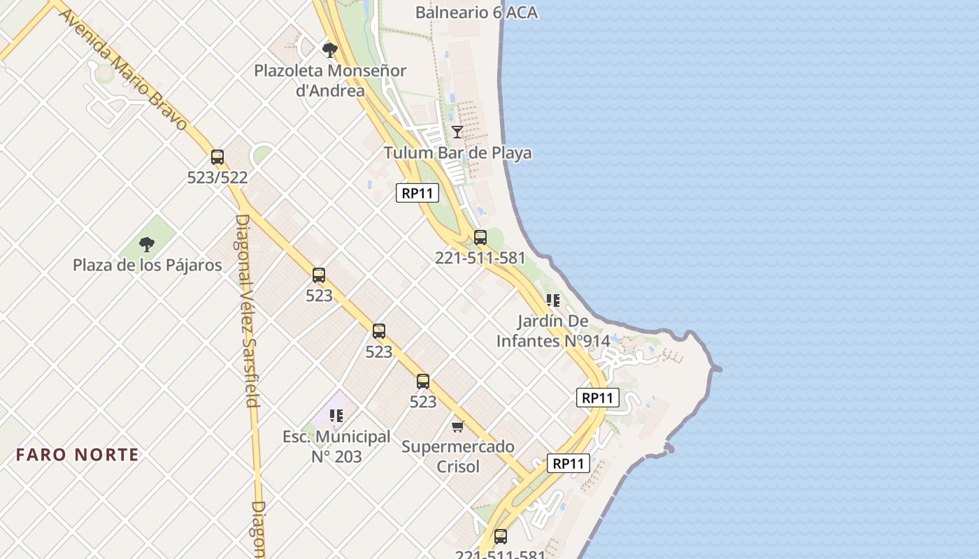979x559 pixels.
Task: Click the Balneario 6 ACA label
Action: pos(476,12)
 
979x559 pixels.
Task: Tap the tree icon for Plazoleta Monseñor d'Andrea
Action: pos(329,50)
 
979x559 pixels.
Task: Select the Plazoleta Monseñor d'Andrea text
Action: pos(330,80)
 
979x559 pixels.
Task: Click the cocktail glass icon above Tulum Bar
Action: pos(457,131)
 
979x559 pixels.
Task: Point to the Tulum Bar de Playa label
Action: pos(457,153)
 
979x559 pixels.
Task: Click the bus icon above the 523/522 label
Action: pos(217,157)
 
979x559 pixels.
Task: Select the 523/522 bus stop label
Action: pos(217,177)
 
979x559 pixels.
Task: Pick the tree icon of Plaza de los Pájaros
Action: pos(147,244)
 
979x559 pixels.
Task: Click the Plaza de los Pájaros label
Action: pos(148,266)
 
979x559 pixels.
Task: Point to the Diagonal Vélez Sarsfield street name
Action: pos(247,310)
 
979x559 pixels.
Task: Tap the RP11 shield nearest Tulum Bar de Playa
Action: pos(417,194)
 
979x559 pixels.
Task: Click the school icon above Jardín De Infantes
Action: pos(553,300)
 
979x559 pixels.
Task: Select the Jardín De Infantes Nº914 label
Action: pos(552,331)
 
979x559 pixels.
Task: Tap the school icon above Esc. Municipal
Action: pos(336,416)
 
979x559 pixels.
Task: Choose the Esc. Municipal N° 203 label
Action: pos(336,447)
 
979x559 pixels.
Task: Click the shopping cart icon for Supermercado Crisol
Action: pos(458,426)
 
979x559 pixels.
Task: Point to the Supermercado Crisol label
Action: pos(458,456)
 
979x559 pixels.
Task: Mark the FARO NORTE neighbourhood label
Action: pos(78,455)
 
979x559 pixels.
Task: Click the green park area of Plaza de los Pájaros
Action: pos(161,231)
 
